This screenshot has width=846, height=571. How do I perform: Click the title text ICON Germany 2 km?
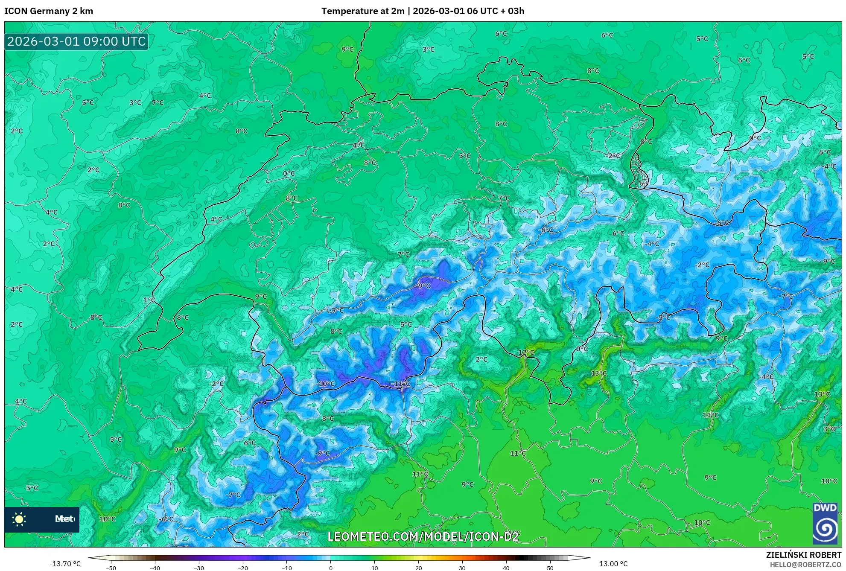point(49,11)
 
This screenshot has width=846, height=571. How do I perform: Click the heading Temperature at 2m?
point(363,11)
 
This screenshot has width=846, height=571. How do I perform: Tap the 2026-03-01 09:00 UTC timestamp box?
point(76,41)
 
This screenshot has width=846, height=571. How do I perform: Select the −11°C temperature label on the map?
point(400,384)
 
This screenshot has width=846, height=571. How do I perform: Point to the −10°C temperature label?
point(326,384)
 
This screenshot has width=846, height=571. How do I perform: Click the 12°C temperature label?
point(526,353)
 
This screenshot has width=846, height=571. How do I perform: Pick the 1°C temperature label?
point(149,300)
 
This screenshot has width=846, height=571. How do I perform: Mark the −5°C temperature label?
point(663,318)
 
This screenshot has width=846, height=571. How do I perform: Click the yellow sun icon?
point(19,519)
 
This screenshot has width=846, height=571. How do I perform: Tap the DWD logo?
point(825,524)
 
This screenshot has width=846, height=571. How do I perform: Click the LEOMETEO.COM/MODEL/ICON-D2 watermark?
point(423,536)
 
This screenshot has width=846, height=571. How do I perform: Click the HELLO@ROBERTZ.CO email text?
point(805,565)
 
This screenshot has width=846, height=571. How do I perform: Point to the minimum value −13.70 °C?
point(65,564)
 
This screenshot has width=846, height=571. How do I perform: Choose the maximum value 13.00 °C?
point(613,564)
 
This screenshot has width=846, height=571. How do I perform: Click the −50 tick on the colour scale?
point(111,568)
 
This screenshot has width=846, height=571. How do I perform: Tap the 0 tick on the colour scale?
point(331,568)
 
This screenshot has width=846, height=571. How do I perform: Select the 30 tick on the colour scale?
point(462,568)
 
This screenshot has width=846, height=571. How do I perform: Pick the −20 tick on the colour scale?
point(243,568)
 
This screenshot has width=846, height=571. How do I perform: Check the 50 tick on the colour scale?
point(550,568)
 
